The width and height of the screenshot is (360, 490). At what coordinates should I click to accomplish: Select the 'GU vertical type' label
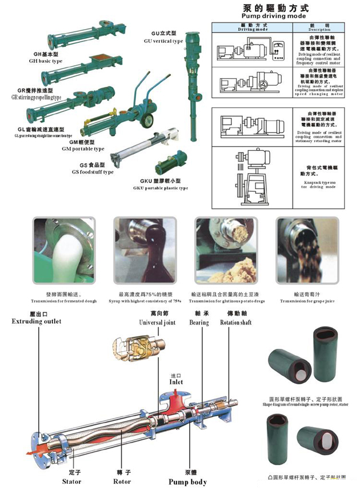(163, 41)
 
